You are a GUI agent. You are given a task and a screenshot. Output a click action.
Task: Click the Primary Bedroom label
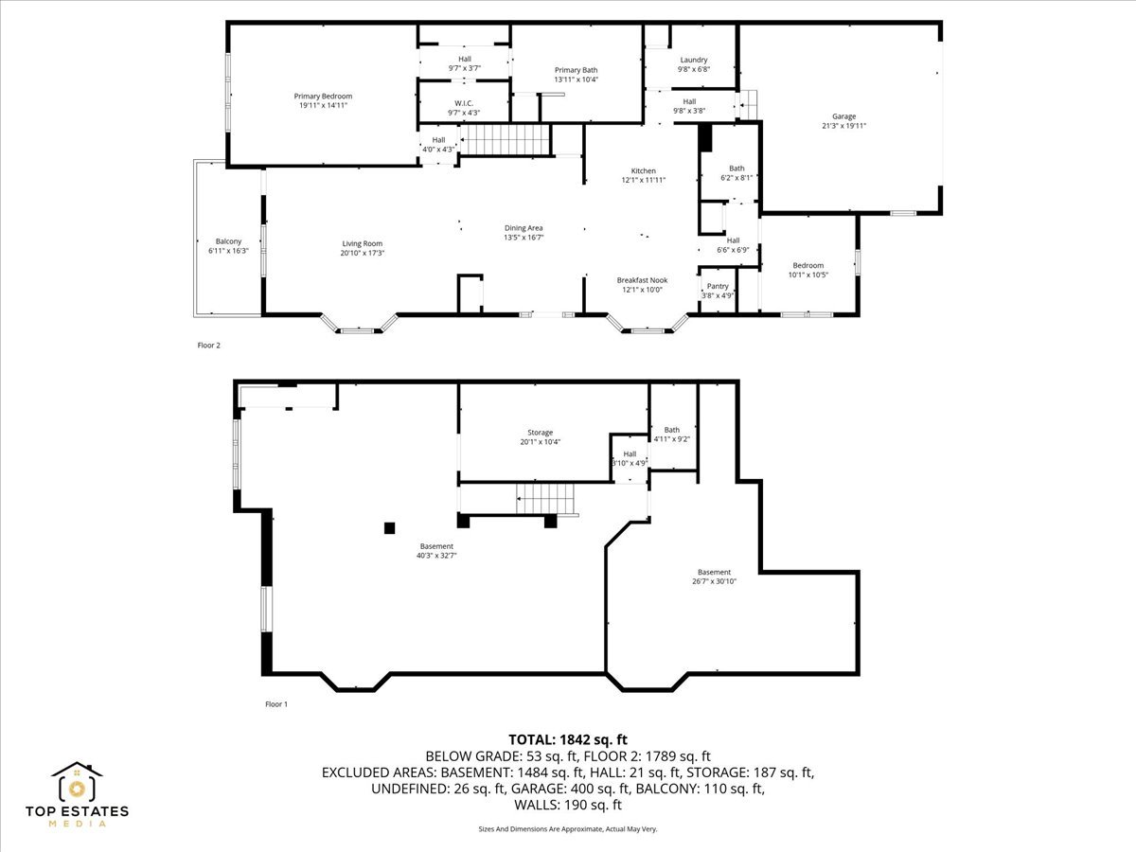323,97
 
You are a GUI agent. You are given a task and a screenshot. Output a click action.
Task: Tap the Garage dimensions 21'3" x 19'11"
843,126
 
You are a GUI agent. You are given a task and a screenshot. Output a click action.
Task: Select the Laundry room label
693,60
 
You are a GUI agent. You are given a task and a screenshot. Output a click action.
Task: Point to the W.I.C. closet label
464,103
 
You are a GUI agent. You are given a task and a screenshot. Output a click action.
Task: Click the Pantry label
718,286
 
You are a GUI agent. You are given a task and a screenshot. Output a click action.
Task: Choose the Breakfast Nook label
643,280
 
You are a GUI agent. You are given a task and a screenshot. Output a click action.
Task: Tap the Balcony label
228,241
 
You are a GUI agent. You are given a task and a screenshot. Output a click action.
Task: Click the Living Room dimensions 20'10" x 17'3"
363,254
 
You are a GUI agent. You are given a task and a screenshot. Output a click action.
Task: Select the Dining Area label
523,228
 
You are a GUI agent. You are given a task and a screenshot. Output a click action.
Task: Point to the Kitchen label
644,171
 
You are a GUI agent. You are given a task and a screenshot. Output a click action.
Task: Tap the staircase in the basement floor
546,497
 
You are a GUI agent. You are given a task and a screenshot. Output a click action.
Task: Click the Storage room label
541,433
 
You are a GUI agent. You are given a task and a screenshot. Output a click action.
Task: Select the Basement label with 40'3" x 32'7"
436,546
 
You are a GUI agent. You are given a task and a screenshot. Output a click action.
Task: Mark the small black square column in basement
389,528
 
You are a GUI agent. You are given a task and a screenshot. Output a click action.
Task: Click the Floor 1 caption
275,704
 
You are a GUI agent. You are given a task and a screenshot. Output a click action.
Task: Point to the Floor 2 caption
208,346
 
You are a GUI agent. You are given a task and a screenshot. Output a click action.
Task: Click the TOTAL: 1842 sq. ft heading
568,739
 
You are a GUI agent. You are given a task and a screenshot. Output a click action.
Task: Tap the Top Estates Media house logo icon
78,783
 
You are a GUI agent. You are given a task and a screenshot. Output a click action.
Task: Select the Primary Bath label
576,70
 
